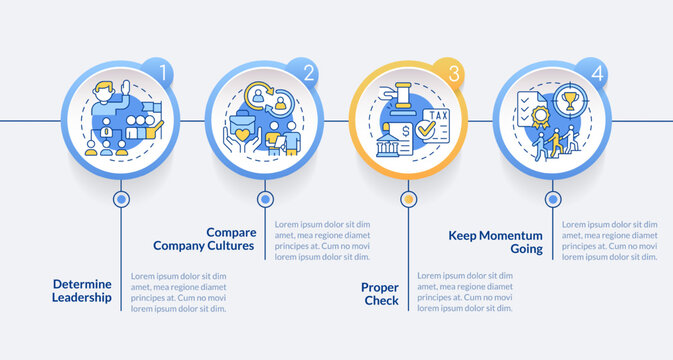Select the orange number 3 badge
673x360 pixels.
click(x=453, y=72)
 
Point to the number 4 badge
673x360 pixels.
click(x=598, y=71)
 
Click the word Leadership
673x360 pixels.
click(x=83, y=297)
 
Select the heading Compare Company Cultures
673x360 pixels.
click(x=205, y=238)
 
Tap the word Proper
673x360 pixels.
click(x=381, y=287)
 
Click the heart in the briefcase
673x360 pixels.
click(x=243, y=132)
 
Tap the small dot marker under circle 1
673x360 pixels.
click(x=121, y=199)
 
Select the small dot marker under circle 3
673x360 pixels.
click(x=407, y=199)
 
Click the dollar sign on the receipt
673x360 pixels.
click(x=406, y=131)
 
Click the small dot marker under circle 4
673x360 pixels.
click(x=552, y=199)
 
